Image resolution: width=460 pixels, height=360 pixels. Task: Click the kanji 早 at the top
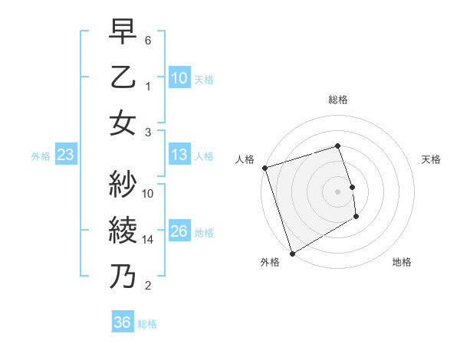123,34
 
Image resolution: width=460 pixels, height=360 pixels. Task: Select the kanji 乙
123,79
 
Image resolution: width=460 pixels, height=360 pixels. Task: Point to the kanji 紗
123,185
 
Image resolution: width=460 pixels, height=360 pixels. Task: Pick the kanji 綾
123,230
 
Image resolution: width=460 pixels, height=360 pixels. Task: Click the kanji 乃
123,276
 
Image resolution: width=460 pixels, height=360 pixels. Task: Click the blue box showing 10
179,77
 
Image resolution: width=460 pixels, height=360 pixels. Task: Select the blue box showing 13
179,155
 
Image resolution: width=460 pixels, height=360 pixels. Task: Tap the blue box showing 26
179,231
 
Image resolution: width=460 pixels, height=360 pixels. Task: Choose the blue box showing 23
65,155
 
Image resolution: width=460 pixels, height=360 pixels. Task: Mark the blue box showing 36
122,322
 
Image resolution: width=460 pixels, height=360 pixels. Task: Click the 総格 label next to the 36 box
147,324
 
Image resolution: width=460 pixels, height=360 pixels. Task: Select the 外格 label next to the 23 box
41,156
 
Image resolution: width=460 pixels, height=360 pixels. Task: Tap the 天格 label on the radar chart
432,159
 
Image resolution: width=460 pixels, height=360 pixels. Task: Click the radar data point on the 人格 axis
264,168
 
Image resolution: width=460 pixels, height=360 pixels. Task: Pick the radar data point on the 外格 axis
292,253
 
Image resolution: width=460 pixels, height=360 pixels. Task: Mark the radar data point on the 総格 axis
337,146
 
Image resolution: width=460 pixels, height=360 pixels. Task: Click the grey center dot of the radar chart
337,191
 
